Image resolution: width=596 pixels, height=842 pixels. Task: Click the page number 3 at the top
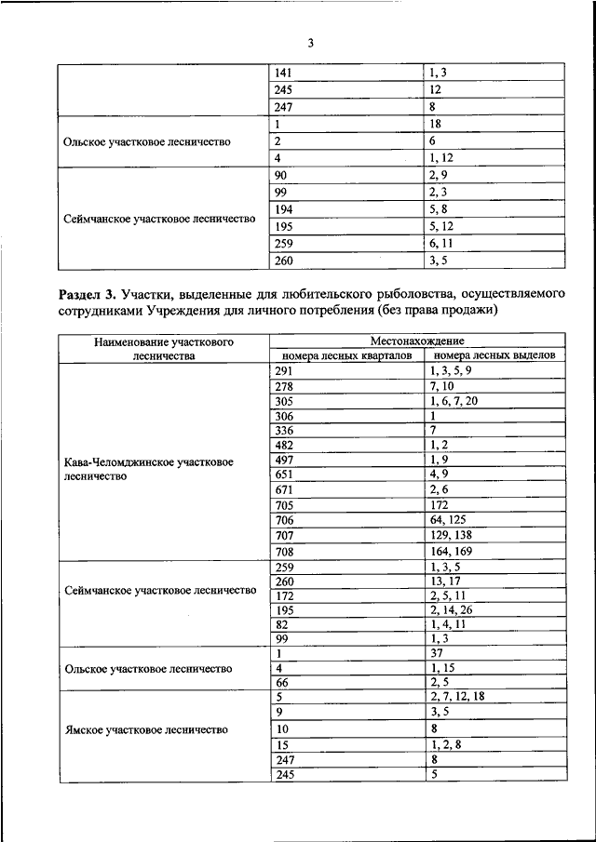coord(311,43)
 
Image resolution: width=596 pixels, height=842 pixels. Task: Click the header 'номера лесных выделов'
coord(494,355)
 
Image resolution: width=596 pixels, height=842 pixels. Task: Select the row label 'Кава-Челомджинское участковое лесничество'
coord(149,468)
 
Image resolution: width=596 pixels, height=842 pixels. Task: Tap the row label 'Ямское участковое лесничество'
coord(146,729)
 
